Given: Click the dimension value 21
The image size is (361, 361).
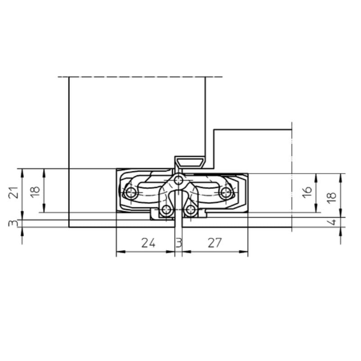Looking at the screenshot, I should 14,192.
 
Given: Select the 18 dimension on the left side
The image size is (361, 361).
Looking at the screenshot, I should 36,190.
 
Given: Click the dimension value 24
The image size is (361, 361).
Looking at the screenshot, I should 148,243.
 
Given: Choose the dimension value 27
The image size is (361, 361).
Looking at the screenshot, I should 215,243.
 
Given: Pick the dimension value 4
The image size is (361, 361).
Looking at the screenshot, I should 331,222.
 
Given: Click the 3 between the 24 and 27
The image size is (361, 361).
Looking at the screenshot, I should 178,243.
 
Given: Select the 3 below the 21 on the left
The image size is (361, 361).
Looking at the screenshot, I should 14,223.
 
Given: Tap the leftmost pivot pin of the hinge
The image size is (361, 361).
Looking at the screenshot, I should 132,193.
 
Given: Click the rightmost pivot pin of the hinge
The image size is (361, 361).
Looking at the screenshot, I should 226,193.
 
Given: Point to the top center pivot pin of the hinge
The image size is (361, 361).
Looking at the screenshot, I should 179,180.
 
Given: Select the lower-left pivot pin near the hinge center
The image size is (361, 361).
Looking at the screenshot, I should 167,210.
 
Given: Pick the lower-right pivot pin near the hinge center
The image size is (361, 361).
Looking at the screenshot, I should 191,210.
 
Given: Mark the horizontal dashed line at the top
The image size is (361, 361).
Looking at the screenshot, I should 140,77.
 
